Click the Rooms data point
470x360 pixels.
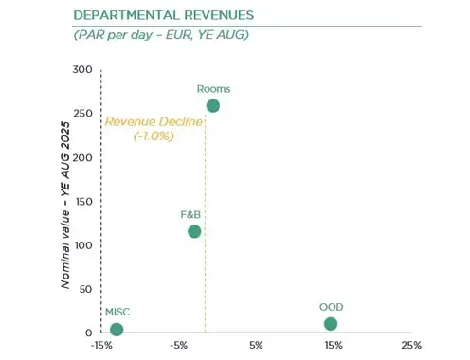[x=213, y=106]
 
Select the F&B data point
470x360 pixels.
[x=194, y=231]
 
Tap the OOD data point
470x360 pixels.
[x=331, y=324]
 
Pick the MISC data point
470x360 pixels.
[x=117, y=330]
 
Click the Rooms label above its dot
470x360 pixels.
[x=213, y=89]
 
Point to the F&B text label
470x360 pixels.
[x=190, y=215]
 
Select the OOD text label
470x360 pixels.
[x=332, y=307]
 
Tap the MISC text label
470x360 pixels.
[x=117, y=312]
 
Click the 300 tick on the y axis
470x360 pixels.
[x=82, y=69]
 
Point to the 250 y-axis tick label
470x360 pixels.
[x=82, y=114]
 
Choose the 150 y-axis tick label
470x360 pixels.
[x=83, y=202]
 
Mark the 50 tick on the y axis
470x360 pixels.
[x=85, y=289]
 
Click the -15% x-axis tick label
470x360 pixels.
[x=101, y=346]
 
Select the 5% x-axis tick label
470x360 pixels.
[x=256, y=346]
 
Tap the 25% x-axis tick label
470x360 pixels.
[x=411, y=346]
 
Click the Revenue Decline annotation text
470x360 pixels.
[x=154, y=121]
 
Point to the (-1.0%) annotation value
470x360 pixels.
[x=154, y=136]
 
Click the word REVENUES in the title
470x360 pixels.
[x=219, y=15]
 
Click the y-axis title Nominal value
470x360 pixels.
[x=65, y=249]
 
